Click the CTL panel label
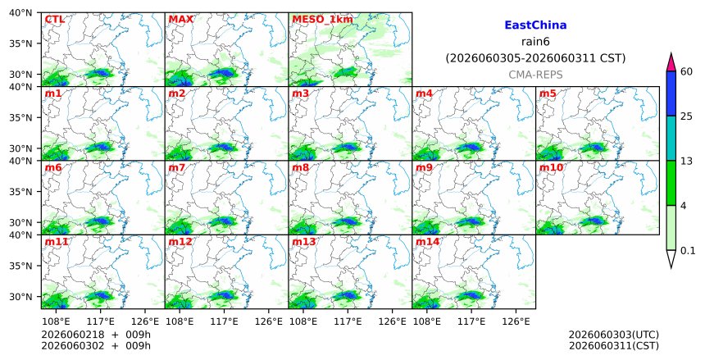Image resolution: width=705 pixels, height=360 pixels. click(x=54, y=20)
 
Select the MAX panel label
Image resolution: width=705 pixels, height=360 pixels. click(x=180, y=20)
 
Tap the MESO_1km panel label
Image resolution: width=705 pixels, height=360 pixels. click(x=322, y=20)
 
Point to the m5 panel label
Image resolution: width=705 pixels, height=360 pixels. click(x=548, y=93)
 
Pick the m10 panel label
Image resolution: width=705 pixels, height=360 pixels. click(x=551, y=167)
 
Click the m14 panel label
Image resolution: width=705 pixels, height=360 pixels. click(x=427, y=242)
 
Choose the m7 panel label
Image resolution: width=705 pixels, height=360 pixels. click(x=177, y=167)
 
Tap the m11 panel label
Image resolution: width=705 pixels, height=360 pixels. click(x=57, y=242)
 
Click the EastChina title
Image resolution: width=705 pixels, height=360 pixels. click(x=535, y=25)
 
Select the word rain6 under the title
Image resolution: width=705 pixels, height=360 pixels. click(x=535, y=42)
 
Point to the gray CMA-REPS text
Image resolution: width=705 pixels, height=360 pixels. click(x=535, y=75)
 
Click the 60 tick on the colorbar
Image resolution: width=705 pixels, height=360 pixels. click(x=687, y=71)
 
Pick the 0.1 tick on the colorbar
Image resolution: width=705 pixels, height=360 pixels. click(x=688, y=251)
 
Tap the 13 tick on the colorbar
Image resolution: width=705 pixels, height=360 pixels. click(x=687, y=161)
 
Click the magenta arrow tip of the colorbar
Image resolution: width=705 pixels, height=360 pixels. click(x=671, y=54)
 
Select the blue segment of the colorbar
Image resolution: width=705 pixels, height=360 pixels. click(x=671, y=93)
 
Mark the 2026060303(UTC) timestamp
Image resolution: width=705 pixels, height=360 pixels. click(x=614, y=335)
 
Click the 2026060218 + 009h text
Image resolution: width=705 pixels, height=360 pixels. click(x=96, y=335)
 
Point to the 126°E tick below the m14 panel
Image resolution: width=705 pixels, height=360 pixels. click(x=516, y=321)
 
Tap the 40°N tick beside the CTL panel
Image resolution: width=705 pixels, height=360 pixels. click(x=20, y=12)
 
